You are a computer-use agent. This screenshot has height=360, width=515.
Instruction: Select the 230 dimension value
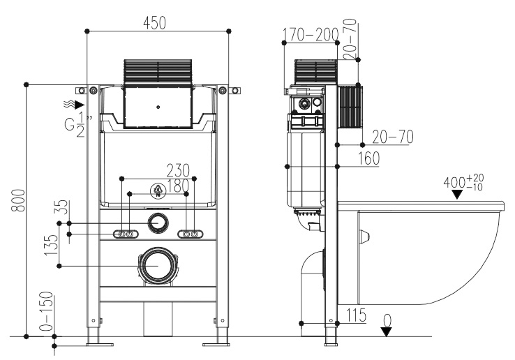pyautogui.click(x=177, y=170)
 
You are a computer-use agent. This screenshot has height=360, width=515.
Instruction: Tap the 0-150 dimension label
pyautogui.click(x=47, y=315)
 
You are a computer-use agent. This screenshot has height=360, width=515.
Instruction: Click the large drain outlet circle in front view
pyautogui.click(x=159, y=266)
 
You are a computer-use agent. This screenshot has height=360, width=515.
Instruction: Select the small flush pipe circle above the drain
pyautogui.click(x=159, y=223)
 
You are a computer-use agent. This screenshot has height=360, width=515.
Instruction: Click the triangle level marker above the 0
pyautogui.click(x=386, y=332)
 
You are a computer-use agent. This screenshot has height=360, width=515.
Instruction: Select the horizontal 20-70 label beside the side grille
pyautogui.click(x=391, y=137)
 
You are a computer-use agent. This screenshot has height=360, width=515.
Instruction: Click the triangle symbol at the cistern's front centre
pyautogui.click(x=158, y=191)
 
